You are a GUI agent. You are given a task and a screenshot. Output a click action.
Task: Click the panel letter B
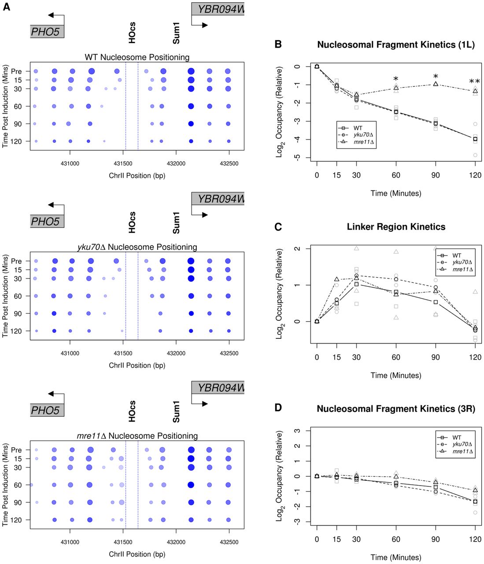[x=278, y=44]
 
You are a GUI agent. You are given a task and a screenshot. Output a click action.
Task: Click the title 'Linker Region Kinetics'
[x=396, y=227]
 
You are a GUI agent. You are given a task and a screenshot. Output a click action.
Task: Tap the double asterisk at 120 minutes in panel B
[x=474, y=82]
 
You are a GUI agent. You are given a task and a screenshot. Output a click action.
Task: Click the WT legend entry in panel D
[x=457, y=438]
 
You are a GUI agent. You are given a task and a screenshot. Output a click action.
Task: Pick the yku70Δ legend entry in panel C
[x=462, y=262]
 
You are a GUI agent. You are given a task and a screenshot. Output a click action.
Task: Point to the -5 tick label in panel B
[x=298, y=157]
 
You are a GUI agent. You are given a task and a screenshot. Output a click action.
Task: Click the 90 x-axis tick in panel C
[x=436, y=357]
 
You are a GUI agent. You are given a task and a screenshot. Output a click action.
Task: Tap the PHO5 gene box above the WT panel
[x=47, y=31]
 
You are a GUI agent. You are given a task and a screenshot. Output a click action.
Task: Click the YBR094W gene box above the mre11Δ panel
[x=218, y=388]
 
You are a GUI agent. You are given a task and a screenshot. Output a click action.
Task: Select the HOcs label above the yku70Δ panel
[x=132, y=223]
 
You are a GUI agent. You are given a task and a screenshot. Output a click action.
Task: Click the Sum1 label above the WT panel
[x=176, y=33]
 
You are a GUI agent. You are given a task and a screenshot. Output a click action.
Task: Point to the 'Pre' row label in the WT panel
[x=16, y=71]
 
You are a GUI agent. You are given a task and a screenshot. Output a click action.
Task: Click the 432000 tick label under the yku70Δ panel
[x=176, y=353]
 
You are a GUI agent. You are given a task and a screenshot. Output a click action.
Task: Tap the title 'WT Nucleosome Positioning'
[x=137, y=57]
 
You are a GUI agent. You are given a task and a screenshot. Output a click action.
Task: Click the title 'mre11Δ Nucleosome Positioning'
[x=137, y=436]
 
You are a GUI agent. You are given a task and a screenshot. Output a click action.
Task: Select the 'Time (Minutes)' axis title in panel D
[x=395, y=557]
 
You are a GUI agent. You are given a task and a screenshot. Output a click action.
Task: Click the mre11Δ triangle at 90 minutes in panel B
[x=436, y=84]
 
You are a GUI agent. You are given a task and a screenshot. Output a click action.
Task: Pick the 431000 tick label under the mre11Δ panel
[x=70, y=542]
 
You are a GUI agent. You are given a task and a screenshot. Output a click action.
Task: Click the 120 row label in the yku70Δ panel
[x=16, y=331]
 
